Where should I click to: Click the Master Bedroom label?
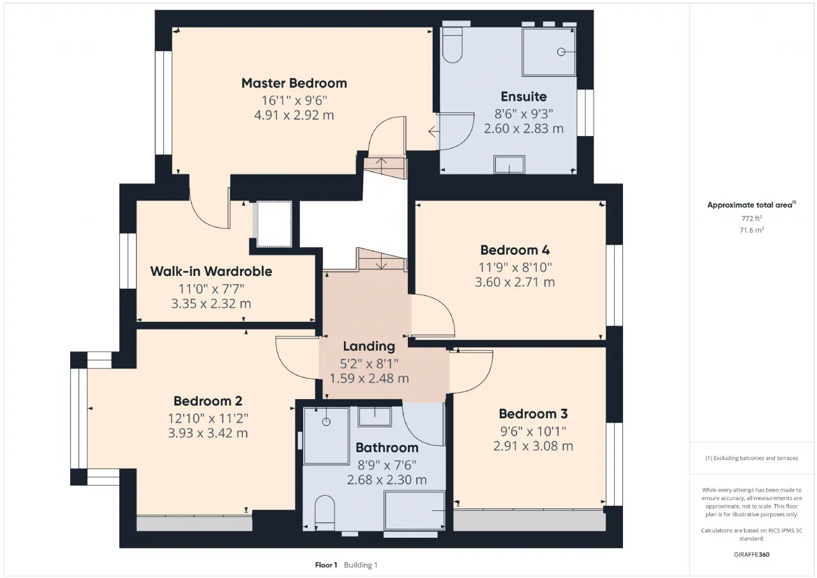pos(294,83)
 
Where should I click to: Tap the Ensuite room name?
pos(524,96)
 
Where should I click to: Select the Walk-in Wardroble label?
pos(211,271)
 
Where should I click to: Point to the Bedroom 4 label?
pos(515,250)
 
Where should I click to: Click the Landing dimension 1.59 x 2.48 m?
pos(369,378)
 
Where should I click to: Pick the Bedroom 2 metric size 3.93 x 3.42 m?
pos(208,433)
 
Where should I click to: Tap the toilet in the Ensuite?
pos(453,45)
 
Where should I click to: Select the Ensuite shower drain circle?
pos(561,52)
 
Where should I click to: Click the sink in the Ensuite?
pos(509,165)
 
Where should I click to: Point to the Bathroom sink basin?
pos(375,417)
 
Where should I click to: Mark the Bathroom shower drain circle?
pos(326,422)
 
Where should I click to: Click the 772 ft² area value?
pos(752,218)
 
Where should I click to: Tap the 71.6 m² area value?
pos(752,230)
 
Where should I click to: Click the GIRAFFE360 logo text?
pos(752,554)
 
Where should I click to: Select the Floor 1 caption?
pos(326,565)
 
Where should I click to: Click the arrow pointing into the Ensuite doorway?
pos(433,132)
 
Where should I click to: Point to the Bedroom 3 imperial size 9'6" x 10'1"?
pos(533,431)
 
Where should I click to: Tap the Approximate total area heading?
pos(751,205)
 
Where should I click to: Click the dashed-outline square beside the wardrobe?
pos(274,224)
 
